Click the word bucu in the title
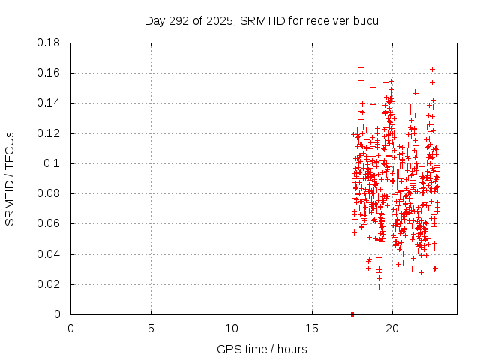[x=366, y=20]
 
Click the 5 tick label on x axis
[x=151, y=328]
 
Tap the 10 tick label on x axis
[x=232, y=328]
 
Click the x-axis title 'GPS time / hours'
[x=262, y=349]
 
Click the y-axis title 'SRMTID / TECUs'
[x=10, y=178]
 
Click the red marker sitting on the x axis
[x=352, y=314]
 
